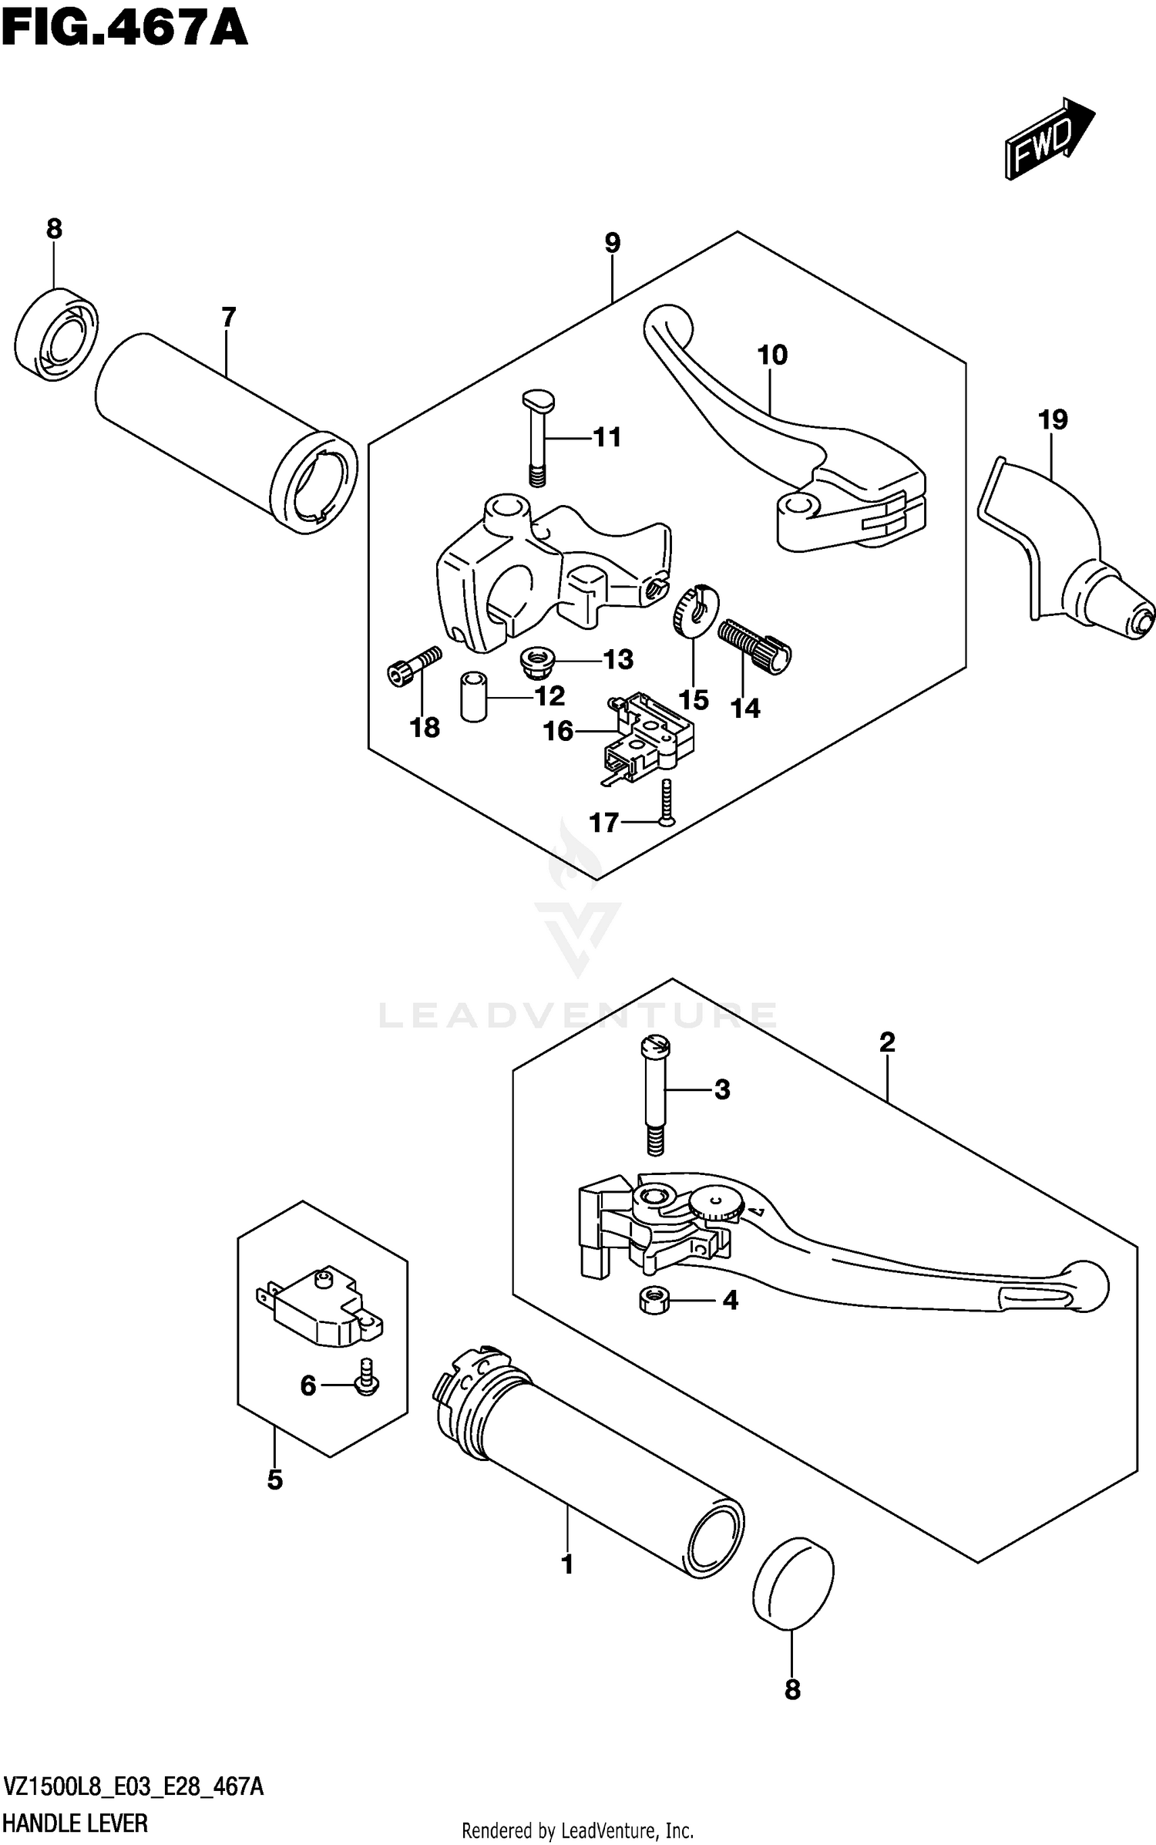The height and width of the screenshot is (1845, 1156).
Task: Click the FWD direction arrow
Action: point(1048,140)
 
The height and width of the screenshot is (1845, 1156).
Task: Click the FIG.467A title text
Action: point(125,29)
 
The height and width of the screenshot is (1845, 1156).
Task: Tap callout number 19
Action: point(1052,420)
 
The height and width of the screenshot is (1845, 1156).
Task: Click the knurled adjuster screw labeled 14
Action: point(754,646)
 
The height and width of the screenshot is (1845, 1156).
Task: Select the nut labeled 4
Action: point(654,1301)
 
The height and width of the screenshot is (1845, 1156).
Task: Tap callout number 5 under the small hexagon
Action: point(275,1480)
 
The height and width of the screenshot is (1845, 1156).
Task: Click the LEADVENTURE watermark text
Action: point(578,1015)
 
